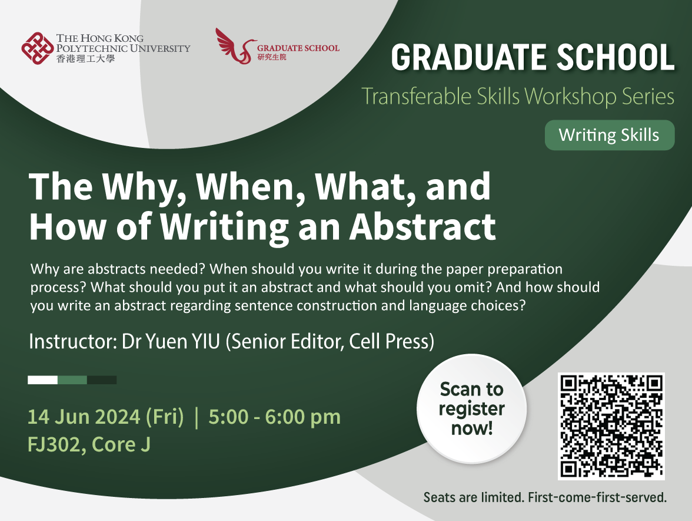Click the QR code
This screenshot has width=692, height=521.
610,426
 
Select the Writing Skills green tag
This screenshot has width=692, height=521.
609,135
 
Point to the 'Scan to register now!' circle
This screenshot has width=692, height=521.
471,408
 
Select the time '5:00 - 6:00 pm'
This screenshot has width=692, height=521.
274,417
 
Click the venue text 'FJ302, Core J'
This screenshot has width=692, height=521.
89,444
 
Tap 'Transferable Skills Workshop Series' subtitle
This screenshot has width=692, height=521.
518,96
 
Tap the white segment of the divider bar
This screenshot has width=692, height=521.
42,380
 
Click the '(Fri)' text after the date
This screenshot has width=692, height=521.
165,417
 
